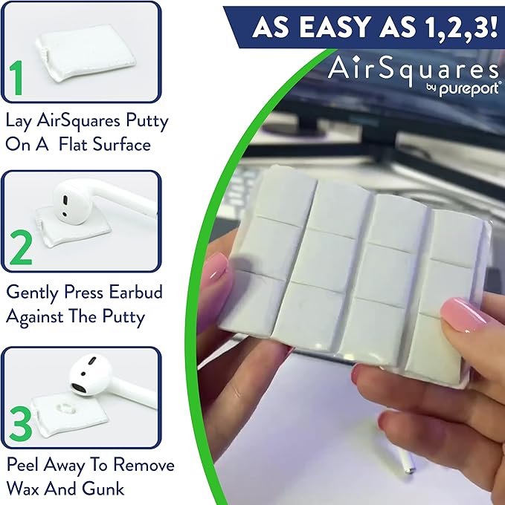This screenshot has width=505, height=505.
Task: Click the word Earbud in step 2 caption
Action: tap(140, 292)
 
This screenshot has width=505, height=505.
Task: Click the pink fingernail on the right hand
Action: tap(463, 313)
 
